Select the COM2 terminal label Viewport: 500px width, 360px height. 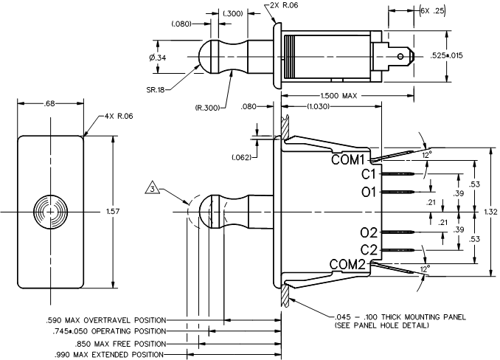[347, 264]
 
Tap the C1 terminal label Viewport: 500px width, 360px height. [369, 174]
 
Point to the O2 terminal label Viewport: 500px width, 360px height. [369, 233]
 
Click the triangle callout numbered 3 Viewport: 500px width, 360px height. [153, 188]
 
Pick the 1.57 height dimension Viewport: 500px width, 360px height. [113, 212]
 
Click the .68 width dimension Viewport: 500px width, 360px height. [49, 103]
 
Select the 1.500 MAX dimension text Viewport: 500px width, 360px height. [338, 95]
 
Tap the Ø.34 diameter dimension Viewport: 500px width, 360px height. [158, 58]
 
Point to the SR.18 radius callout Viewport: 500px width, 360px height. [156, 90]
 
